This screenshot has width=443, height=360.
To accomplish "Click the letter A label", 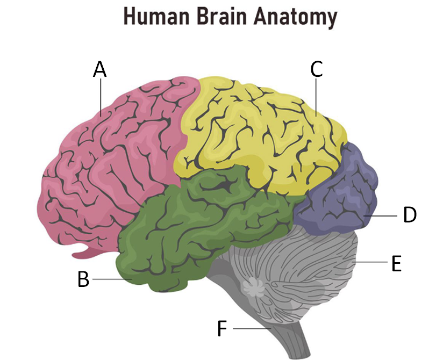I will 99,69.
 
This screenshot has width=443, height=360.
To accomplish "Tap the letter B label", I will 83,279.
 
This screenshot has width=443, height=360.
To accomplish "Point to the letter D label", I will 410,215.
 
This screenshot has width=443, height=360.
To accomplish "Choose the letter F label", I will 222,328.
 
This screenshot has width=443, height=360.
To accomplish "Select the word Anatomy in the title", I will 298,17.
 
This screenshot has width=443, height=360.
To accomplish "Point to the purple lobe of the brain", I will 339,193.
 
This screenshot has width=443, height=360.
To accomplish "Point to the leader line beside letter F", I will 250,328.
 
